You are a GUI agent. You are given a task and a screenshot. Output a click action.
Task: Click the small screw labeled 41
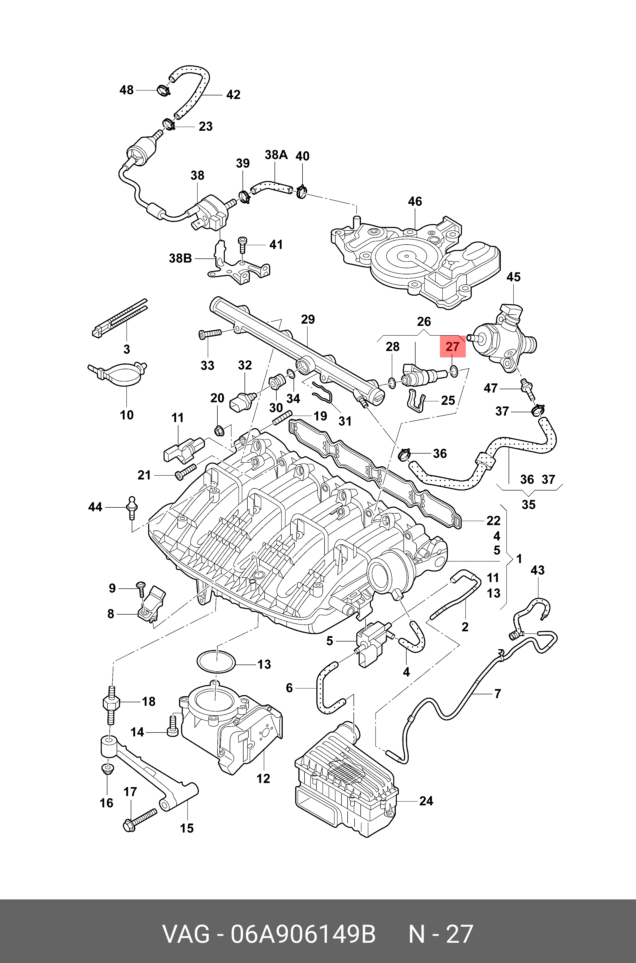pos(242,245)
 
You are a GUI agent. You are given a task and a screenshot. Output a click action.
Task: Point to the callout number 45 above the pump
pos(513,277)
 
